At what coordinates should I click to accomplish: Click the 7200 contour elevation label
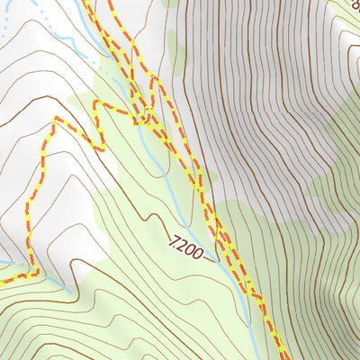(185, 243)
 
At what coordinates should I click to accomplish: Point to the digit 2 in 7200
(181, 241)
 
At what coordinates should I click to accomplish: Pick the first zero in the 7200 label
(189, 245)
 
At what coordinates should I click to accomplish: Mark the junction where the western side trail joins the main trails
(144, 115)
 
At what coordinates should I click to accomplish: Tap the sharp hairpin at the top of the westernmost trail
(58, 119)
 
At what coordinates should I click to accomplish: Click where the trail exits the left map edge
(2, 282)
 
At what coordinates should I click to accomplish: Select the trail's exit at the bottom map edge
(281, 357)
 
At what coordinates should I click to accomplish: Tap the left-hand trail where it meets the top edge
(88, 2)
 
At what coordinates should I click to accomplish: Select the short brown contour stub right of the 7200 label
(210, 258)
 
